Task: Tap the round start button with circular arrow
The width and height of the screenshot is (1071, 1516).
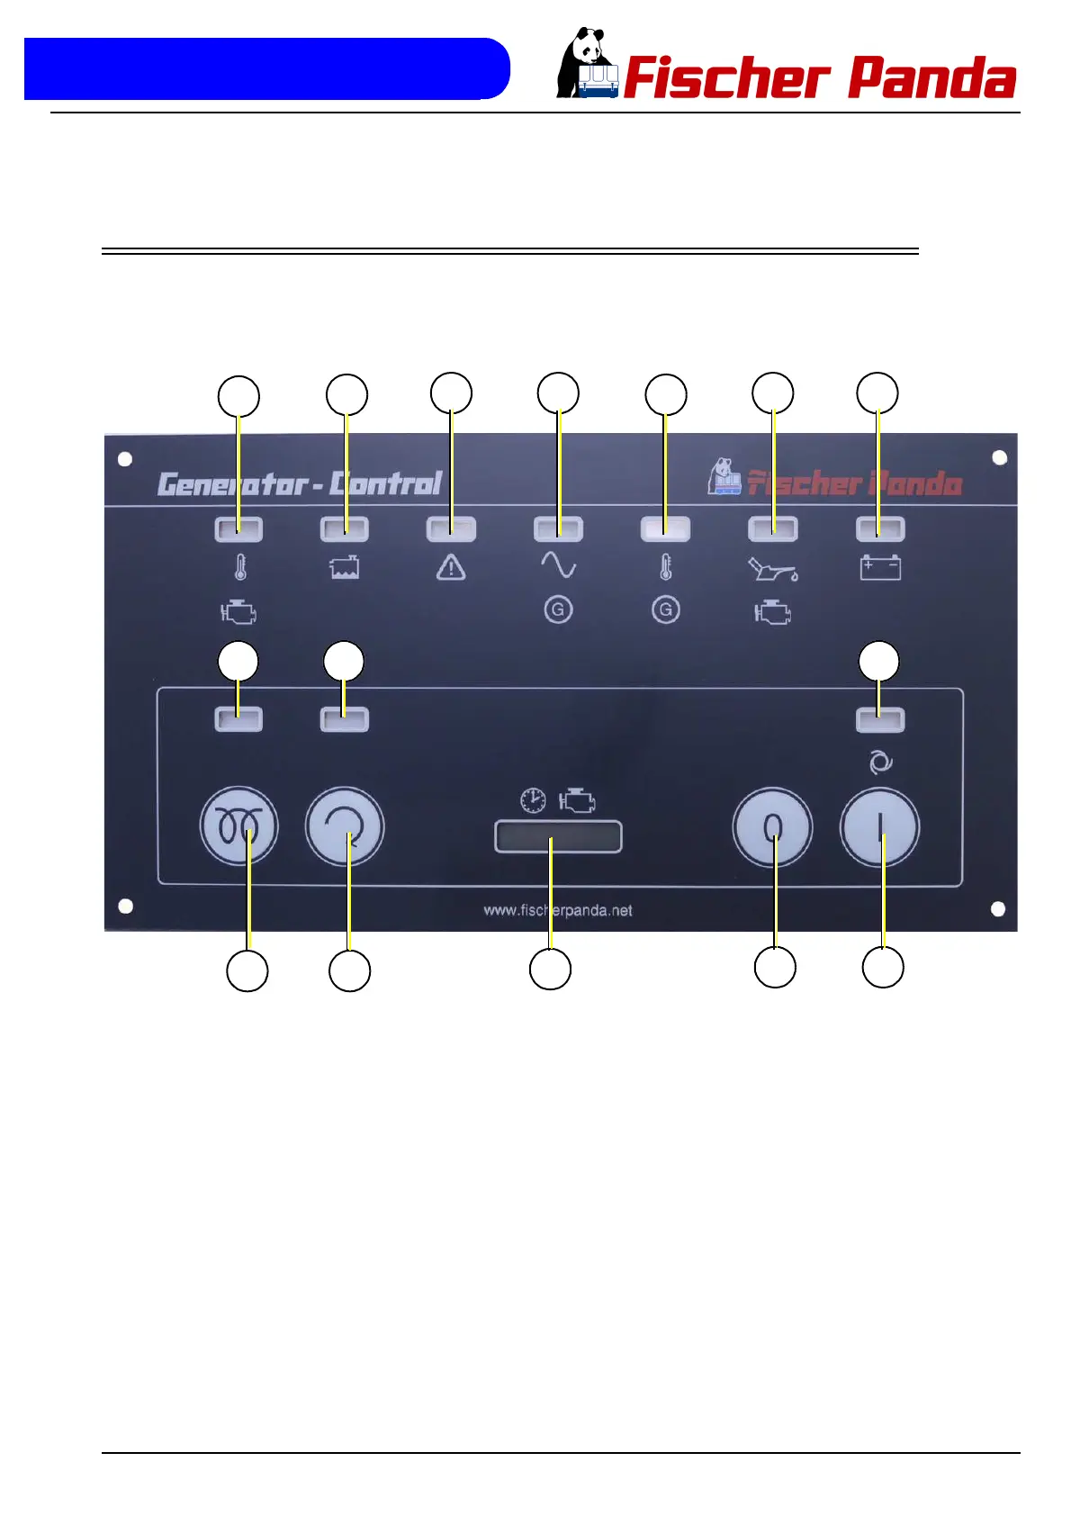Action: point(345,826)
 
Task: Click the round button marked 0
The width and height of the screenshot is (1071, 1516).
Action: point(772,827)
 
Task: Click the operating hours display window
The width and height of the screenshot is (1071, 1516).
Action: point(558,836)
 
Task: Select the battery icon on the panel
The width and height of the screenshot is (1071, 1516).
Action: point(880,568)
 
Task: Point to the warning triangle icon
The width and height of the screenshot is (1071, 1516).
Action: point(451,567)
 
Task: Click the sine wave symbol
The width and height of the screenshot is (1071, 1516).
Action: point(558,564)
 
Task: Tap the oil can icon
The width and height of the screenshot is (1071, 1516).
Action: point(772,569)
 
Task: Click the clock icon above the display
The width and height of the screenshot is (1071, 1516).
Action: point(533,799)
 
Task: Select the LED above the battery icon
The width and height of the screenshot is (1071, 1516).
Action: point(880,528)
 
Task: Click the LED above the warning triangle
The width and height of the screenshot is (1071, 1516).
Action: point(451,528)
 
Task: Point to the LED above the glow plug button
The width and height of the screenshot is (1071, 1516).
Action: point(238,718)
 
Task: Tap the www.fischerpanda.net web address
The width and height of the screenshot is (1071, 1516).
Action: point(558,910)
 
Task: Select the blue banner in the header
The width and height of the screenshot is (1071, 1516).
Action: point(266,68)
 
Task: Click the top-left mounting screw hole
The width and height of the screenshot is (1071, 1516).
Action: point(125,459)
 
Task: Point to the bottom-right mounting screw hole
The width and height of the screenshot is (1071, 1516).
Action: point(998,908)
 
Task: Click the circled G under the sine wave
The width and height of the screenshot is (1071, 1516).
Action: point(558,609)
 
